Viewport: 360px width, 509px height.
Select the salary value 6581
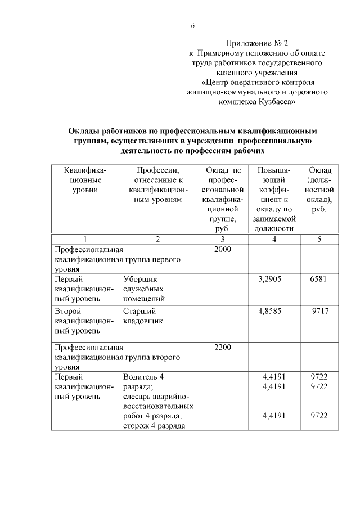pyautogui.click(x=318, y=278)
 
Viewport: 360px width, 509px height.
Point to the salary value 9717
pyautogui.click(x=319, y=310)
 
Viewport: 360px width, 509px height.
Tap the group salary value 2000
pyautogui.click(x=223, y=249)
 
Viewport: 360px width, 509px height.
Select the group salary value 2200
pyautogui.click(x=223, y=347)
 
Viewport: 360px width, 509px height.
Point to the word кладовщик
pyautogui.click(x=143, y=321)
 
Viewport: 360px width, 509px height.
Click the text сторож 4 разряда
pyautogui.click(x=151, y=426)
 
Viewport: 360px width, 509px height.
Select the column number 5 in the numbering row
pyautogui.click(x=319, y=239)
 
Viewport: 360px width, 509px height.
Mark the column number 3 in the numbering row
pyautogui.click(x=223, y=239)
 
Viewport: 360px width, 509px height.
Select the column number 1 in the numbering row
pyautogui.click(x=85, y=239)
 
